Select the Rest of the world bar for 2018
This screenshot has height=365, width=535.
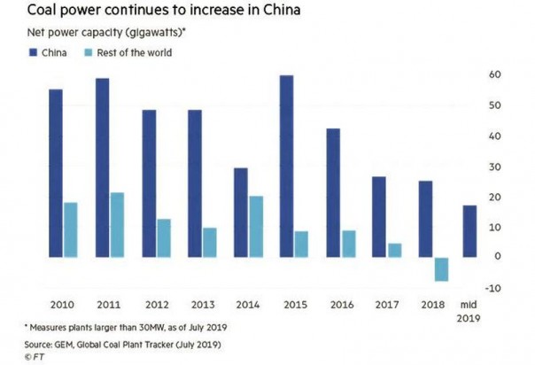[x=440, y=269]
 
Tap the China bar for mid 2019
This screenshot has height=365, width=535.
[x=469, y=231]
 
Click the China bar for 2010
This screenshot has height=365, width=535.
[x=56, y=174]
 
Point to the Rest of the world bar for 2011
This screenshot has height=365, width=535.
[x=117, y=225]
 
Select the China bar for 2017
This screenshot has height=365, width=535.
[x=378, y=217]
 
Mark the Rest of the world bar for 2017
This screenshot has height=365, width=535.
[x=394, y=251]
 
